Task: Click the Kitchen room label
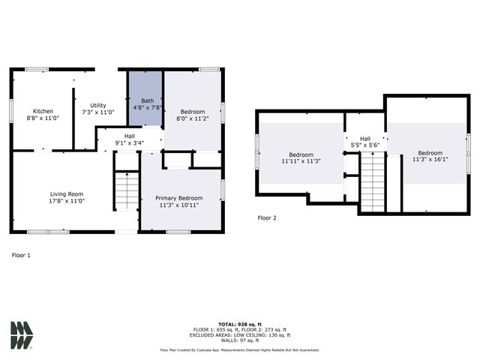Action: coord(43,111)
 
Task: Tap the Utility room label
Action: coord(98,105)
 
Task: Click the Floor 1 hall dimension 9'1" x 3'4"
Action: coord(129,143)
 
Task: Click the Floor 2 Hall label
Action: coord(365,139)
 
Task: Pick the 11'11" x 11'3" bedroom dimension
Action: coord(301,160)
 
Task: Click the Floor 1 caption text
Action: coord(22,255)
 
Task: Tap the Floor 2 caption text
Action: coord(267,218)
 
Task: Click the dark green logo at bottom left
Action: coord(22,334)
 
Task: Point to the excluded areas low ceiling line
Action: coord(239,335)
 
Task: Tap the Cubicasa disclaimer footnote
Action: coord(239,350)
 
